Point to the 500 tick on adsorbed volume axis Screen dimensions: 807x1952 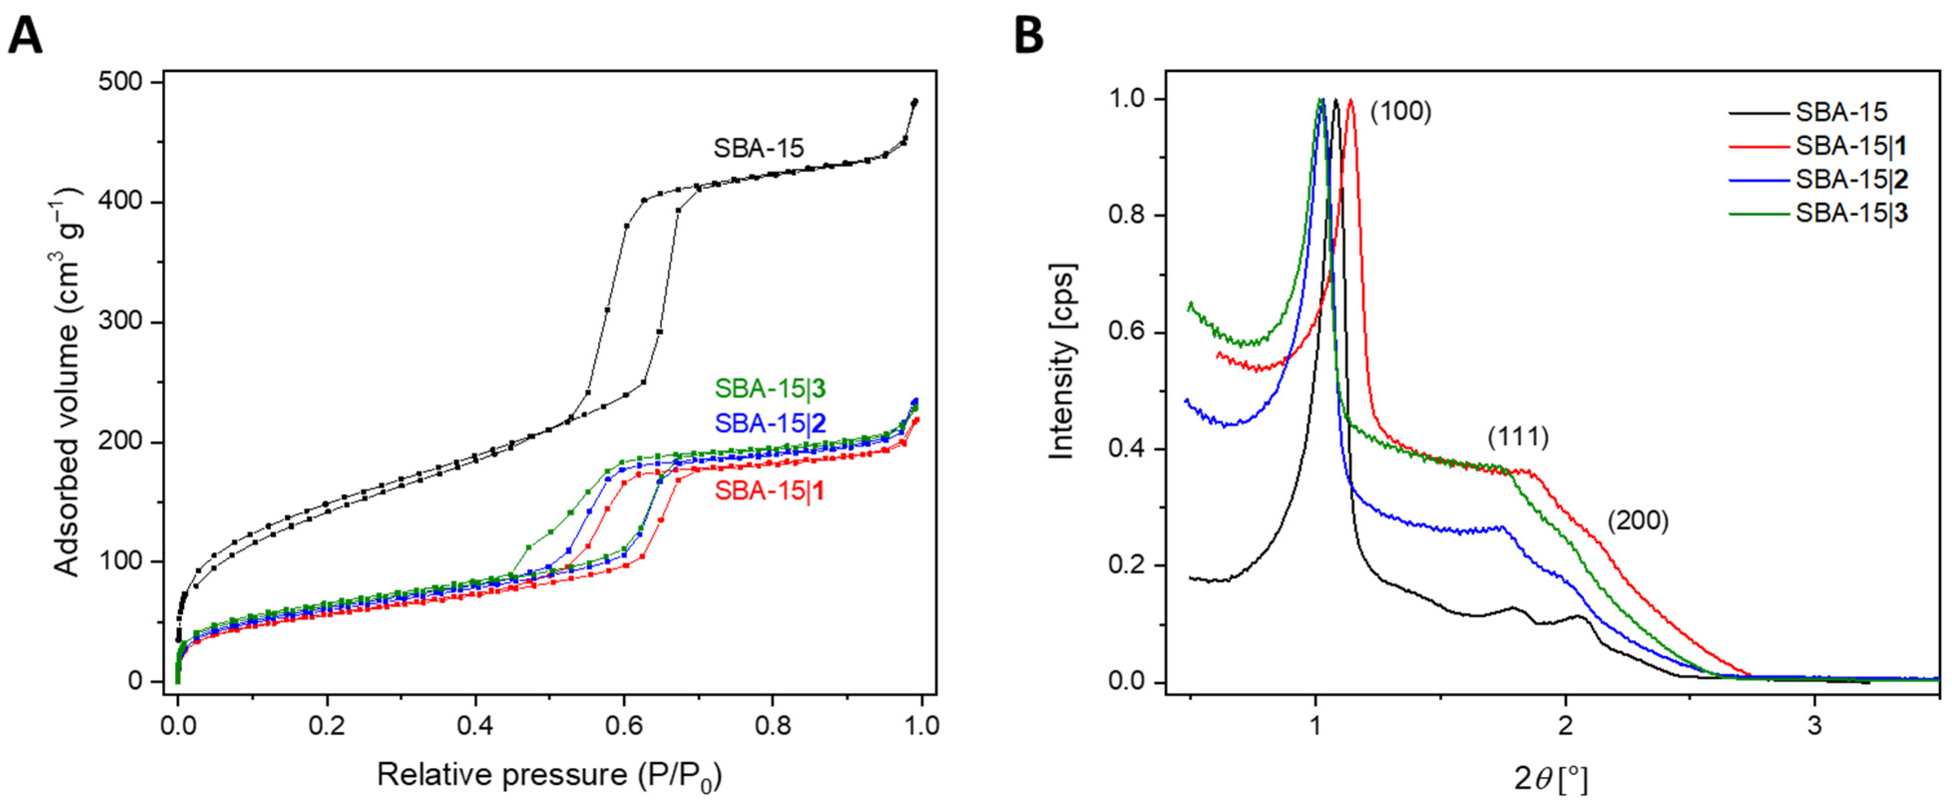coord(121,82)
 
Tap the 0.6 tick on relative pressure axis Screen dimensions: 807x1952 coord(623,725)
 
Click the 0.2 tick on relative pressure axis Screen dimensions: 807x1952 coord(327,725)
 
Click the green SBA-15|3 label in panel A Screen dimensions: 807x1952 coord(770,389)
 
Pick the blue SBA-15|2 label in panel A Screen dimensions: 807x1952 coord(770,423)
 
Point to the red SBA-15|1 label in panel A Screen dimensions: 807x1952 coord(770,491)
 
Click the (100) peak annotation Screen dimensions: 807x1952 coord(1401,112)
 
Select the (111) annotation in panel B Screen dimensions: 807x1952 coord(1518,437)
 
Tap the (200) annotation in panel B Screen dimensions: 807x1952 coord(1638,521)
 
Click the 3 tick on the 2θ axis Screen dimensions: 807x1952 coord(1814,725)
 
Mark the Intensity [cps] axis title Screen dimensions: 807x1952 coord(1062,362)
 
